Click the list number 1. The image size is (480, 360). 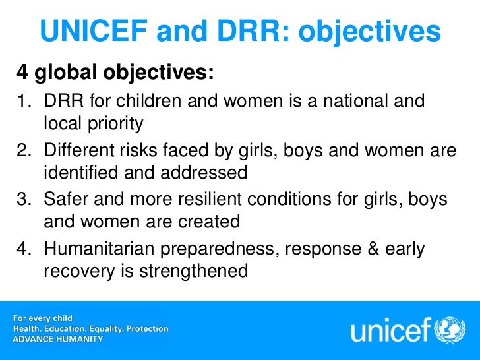(22, 102)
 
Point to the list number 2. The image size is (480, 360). (22, 151)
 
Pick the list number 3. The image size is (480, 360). (22, 200)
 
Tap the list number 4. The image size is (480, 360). (22, 249)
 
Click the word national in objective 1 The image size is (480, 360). (361, 102)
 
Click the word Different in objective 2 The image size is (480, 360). (78, 151)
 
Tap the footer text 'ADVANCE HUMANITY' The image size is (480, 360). (58, 338)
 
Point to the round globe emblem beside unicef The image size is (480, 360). (454, 328)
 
